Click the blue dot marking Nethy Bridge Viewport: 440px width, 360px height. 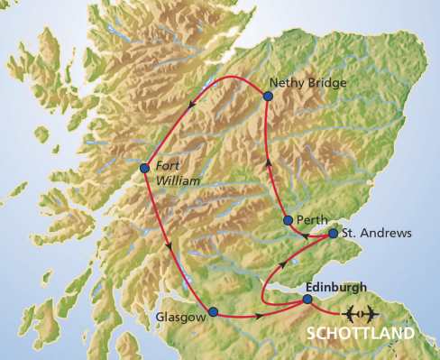pos(268,95)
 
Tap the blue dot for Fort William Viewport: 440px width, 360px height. pos(144,167)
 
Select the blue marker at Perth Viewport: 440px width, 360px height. pos(288,220)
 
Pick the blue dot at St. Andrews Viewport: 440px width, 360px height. pos(333,234)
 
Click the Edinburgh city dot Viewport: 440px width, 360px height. pos(307,299)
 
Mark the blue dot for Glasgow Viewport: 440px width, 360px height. pos(213,312)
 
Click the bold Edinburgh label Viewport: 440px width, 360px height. pos(336,286)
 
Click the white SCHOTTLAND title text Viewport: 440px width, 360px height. pos(361,333)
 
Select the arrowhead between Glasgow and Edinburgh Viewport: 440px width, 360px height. pos(260,316)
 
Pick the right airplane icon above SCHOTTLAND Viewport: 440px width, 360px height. pos(369,314)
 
